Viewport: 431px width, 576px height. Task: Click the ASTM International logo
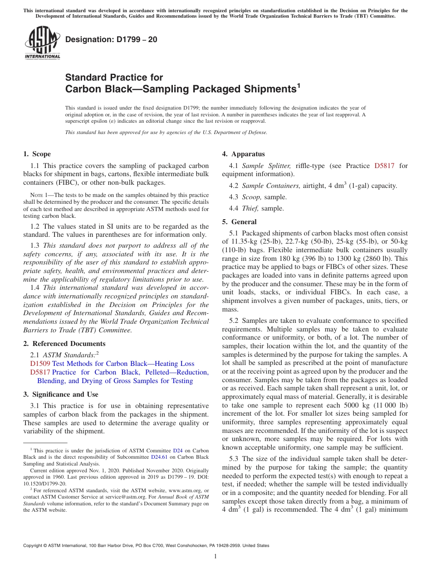point(42,43)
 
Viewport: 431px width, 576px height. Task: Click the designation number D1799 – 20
point(111,39)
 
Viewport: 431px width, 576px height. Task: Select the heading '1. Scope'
point(37,154)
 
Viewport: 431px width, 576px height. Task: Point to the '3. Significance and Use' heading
point(61,394)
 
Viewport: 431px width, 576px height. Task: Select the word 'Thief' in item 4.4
point(250,208)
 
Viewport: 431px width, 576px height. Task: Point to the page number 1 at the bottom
point(215,557)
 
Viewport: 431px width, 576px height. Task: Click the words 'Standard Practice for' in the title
point(114,77)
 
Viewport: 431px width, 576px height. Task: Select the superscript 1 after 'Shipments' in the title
point(299,85)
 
